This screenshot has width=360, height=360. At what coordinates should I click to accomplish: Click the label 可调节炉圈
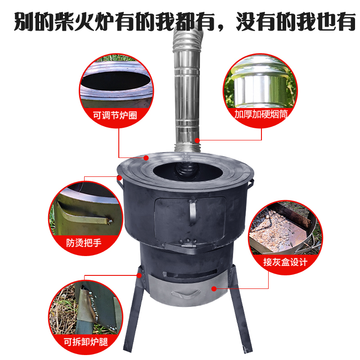coord(114,115)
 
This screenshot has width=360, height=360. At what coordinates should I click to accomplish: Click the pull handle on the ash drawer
coord(186,293)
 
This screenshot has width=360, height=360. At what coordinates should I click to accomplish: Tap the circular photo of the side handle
coord(85,211)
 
